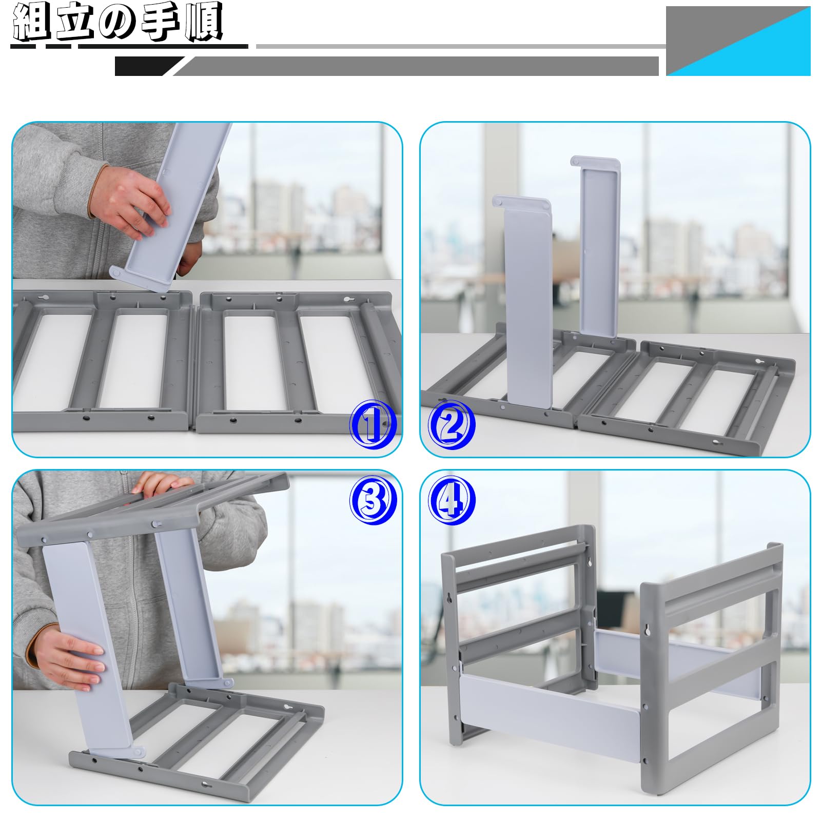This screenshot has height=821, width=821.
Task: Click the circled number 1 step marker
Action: point(373,424)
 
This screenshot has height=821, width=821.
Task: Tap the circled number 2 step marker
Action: point(452,424)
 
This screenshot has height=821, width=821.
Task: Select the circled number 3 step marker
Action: point(373,500)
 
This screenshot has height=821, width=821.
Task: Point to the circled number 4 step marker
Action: point(452,500)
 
